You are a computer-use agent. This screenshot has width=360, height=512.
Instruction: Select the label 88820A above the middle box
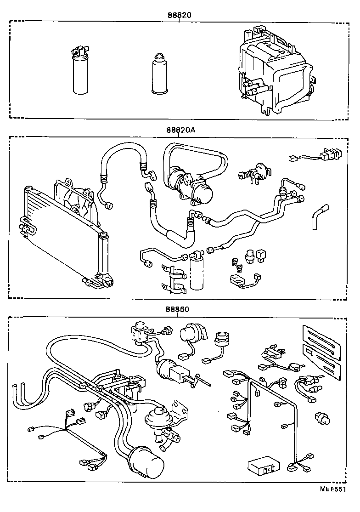pos(181,130)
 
